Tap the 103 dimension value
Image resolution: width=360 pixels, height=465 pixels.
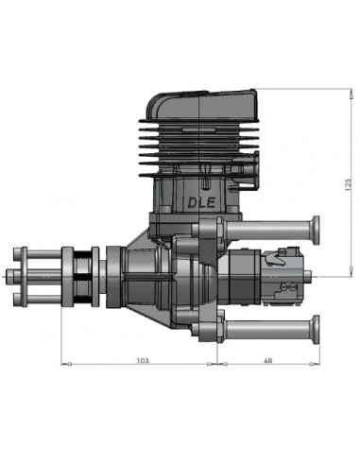[x=141, y=359]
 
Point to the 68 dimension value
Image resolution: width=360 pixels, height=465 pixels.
[x=269, y=359]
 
